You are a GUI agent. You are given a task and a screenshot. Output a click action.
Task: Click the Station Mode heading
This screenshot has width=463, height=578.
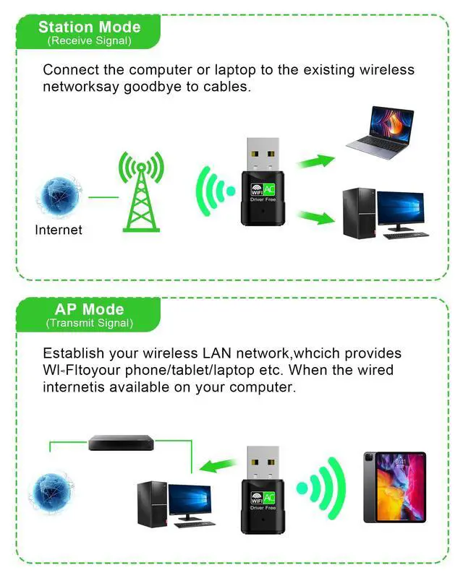coord(89,27)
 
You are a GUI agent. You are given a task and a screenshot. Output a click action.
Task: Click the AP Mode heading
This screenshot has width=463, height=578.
coord(89,309)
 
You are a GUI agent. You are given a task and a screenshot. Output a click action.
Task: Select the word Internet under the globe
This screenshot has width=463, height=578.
coord(59,230)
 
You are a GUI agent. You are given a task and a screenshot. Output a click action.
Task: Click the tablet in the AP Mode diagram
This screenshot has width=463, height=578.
coord(394,487)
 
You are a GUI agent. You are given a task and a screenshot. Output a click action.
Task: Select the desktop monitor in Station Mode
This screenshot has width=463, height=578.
coord(400,210)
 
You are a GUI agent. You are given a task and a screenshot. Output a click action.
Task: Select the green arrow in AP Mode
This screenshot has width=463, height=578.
coord(218,465)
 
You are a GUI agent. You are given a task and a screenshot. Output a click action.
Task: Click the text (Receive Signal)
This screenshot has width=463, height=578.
coord(89,41)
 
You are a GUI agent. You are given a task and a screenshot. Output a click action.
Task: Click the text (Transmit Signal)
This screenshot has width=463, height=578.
coord(89,323)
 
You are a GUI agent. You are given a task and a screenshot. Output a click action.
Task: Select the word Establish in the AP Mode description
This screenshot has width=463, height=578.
coord(72,354)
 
